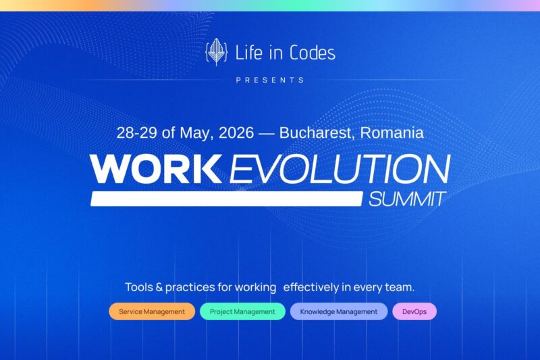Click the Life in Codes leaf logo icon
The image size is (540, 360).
tap(216, 52)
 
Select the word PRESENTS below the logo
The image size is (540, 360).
tap(270, 80)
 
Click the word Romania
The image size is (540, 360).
tap(392, 132)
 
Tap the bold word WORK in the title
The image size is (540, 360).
tap(156, 169)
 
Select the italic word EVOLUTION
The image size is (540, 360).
tap(340, 169)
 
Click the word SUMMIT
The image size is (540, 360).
tap(407, 199)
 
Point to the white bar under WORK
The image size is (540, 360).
tap(226, 199)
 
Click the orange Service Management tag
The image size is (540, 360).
tap(152, 311)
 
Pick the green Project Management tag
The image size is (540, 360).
tap(242, 311)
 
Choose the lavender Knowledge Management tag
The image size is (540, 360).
tap(339, 311)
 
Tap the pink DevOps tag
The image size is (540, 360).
tap(414, 311)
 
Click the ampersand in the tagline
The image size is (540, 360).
tap(160, 287)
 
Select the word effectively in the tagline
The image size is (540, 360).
tap(310, 287)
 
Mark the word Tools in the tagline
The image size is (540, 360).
tap(139, 287)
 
